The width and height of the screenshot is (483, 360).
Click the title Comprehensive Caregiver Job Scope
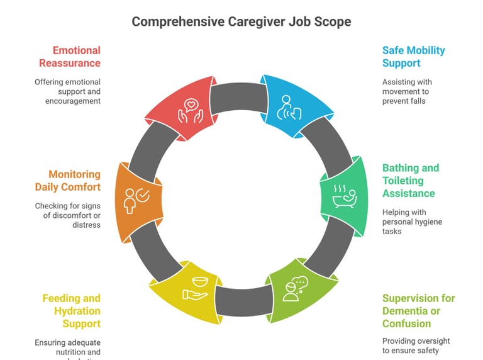tap(241, 21)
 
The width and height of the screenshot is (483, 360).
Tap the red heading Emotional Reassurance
tap(70, 57)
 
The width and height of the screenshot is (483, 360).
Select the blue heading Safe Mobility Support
tap(413, 57)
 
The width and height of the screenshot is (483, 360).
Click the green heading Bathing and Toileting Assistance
tap(411, 181)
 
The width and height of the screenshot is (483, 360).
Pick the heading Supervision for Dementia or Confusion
tap(418, 311)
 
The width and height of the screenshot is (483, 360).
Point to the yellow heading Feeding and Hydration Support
tap(71, 311)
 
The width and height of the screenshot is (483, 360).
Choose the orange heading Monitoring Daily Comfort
tap(67, 181)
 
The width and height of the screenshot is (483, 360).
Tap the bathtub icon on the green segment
tap(344, 196)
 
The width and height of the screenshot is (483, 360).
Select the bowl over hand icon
tap(195, 286)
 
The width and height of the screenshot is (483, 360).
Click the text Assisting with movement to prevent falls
tap(407, 91)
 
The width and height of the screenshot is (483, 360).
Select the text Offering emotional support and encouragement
tap(68, 91)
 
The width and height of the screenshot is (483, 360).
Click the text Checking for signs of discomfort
tap(67, 215)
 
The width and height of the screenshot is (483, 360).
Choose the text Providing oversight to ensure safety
tap(416, 346)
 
